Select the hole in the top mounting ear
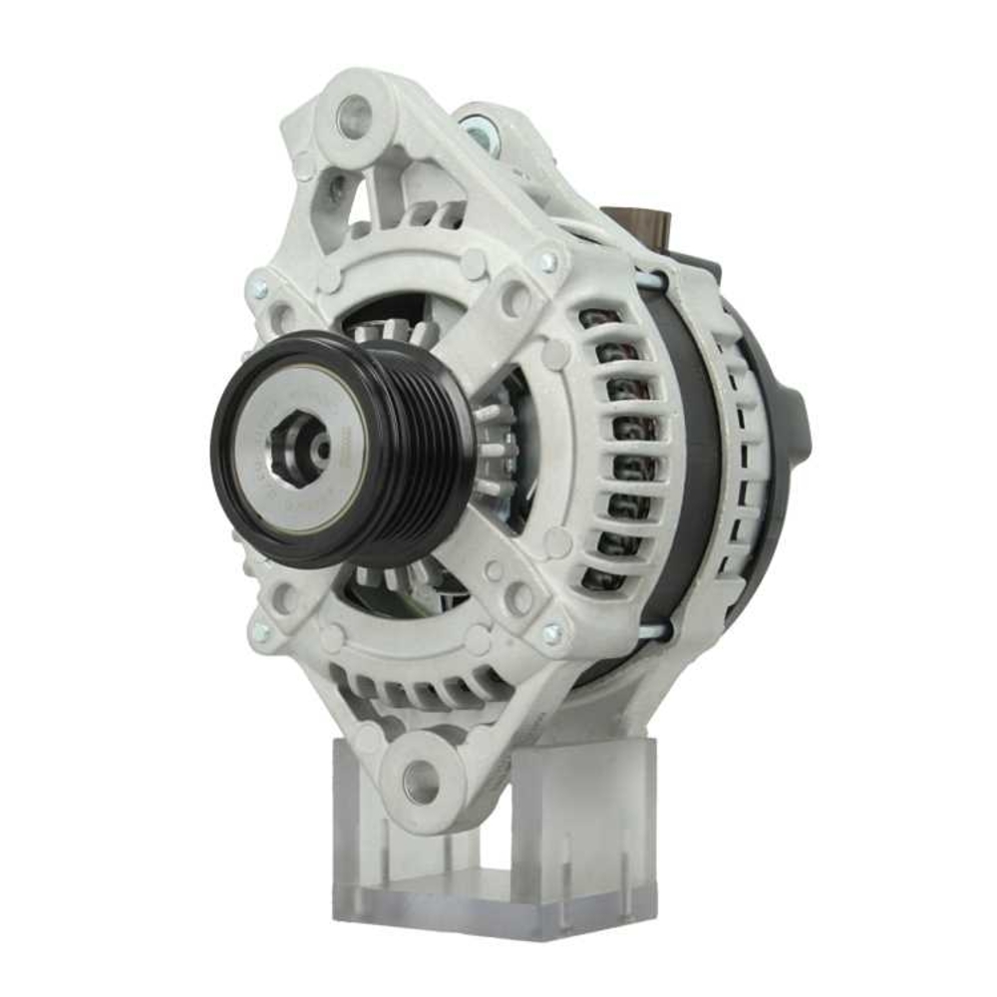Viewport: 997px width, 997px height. [353, 118]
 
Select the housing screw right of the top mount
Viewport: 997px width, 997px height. [547, 261]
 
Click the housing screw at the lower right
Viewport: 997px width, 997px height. [551, 633]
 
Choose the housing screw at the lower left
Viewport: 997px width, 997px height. [261, 631]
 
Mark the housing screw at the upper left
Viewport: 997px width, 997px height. [259, 289]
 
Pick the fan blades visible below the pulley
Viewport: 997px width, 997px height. [399, 578]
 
